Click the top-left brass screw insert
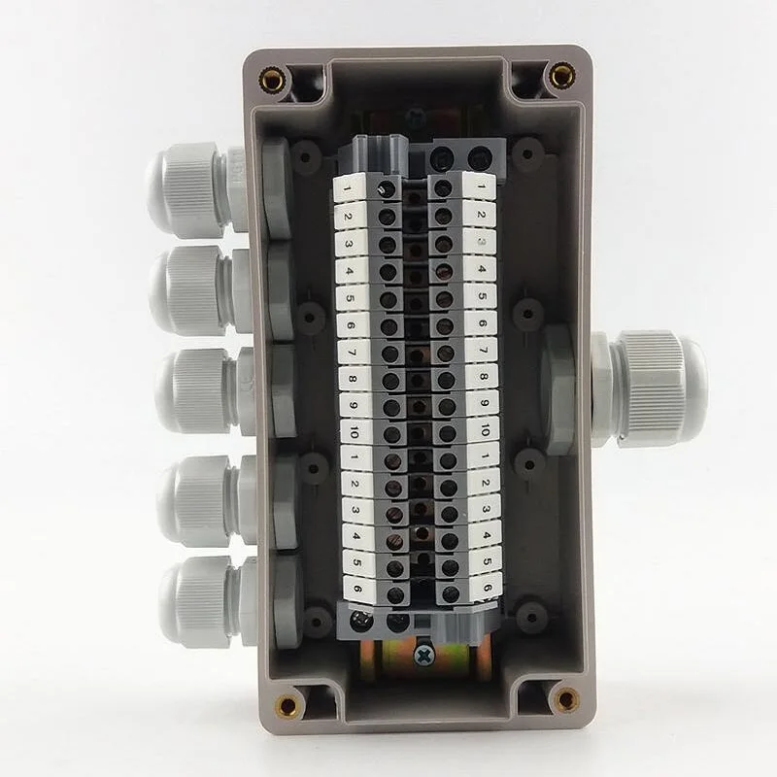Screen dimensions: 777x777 tap(274, 79)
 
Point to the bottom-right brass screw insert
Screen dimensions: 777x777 tap(564, 697)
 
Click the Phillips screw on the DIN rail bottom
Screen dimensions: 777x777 tap(423, 656)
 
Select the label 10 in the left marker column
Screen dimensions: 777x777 tap(355, 431)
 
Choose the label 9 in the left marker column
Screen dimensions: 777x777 tap(354, 404)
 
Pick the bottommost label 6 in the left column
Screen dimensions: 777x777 tap(357, 589)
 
